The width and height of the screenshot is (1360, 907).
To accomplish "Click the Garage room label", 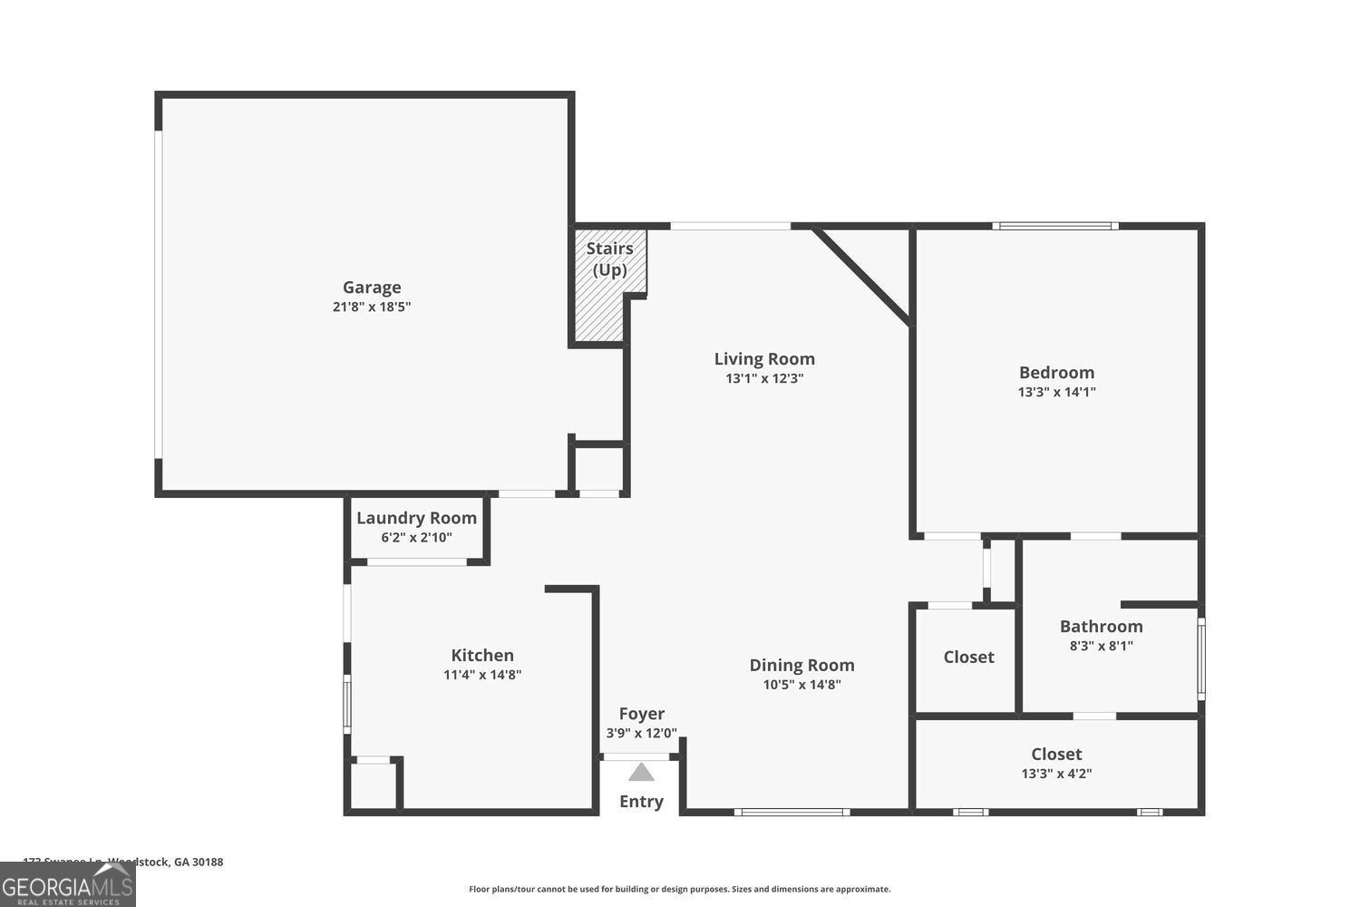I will click(372, 288).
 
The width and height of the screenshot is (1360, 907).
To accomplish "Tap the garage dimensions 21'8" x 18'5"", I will click(372, 307).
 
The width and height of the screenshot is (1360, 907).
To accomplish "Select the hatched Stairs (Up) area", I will click(600, 299).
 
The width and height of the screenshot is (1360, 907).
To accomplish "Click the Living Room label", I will click(764, 359).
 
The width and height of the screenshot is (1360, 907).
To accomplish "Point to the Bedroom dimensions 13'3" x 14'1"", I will click(1056, 393).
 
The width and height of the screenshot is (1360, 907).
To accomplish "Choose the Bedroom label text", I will click(1056, 373).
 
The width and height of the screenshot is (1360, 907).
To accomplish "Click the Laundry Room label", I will click(416, 518).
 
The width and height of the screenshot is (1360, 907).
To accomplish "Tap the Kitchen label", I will click(482, 655).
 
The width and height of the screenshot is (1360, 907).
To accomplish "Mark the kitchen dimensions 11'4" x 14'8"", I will click(482, 675).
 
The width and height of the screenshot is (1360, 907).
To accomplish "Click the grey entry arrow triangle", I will click(641, 773).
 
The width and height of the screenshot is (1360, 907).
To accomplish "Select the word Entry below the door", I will click(641, 802).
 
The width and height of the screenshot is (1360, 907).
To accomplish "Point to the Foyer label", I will click(641, 714).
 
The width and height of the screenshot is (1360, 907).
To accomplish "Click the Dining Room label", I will click(801, 665).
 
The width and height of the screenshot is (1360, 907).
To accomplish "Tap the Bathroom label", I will click(1101, 627).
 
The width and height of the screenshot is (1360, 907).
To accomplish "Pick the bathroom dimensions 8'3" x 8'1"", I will click(1101, 647).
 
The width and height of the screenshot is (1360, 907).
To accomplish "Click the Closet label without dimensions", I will click(968, 658).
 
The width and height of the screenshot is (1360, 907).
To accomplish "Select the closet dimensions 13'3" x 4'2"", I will click(1056, 775).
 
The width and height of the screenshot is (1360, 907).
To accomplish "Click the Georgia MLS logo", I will click(67, 885).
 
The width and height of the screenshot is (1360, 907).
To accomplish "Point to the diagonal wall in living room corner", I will click(862, 275).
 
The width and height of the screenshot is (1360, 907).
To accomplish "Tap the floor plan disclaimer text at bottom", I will click(679, 890).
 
